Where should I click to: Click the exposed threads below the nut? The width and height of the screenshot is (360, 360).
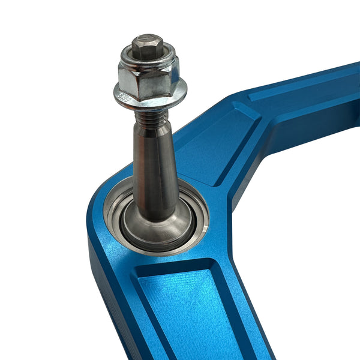coord(151,116)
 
